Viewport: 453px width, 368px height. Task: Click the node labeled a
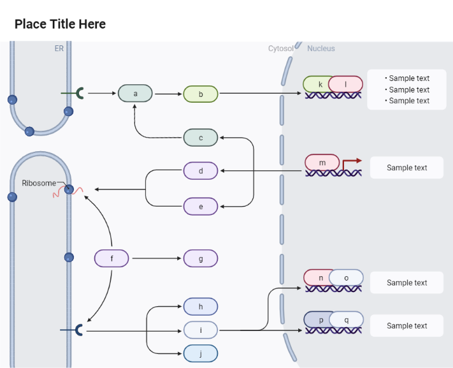(135, 94)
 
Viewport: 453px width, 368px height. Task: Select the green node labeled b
(201, 94)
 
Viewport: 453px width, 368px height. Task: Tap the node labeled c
(201, 137)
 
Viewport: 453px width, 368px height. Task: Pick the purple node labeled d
(201, 171)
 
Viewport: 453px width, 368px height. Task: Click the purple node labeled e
(201, 207)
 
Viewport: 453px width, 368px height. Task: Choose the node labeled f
(111, 258)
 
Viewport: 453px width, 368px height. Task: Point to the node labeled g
(201, 258)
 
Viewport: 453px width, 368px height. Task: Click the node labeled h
(201, 307)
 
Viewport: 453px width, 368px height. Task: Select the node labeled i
(201, 330)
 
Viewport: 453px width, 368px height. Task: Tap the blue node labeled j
(201, 353)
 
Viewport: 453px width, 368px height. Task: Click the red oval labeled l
(346, 84)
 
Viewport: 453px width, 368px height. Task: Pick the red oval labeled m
(322, 163)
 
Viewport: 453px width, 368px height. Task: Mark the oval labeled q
(347, 319)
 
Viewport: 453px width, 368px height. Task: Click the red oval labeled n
(320, 277)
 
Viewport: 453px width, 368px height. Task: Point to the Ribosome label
(39, 183)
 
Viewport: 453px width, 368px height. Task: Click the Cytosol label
(280, 48)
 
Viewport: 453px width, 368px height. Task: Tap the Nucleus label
(320, 48)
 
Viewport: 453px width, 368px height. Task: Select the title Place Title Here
(60, 24)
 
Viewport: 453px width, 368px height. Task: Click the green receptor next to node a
(80, 93)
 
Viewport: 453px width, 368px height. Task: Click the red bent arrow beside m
(352, 163)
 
